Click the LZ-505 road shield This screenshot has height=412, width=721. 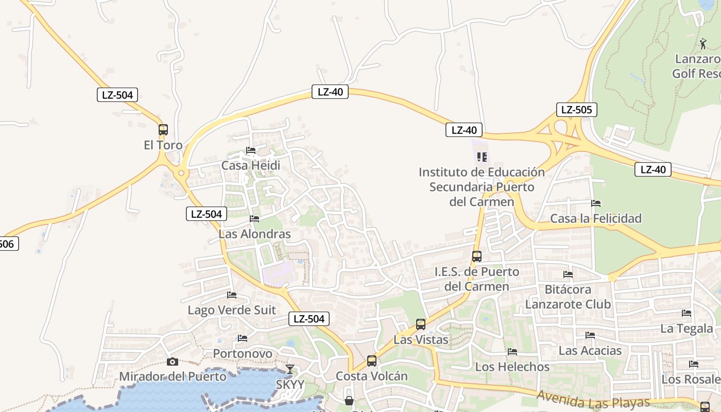(577, 109)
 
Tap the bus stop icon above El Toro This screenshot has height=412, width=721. (163, 130)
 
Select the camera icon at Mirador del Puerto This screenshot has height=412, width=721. (173, 362)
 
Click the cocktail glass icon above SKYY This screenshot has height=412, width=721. (290, 369)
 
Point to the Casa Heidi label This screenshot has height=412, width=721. (251, 165)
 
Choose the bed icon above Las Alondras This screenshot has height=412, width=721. (254, 218)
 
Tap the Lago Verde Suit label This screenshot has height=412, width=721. (232, 310)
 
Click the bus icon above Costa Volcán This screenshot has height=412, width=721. (372, 361)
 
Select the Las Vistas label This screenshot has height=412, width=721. (421, 340)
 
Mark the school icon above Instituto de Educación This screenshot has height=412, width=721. (482, 157)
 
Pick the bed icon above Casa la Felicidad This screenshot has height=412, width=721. (596, 203)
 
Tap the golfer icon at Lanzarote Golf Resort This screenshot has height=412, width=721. (703, 44)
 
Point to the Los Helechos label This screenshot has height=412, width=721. (512, 367)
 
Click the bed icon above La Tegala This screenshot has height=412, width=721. (686, 313)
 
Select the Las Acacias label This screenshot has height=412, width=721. (590, 351)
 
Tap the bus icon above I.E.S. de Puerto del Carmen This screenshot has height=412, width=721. (477, 256)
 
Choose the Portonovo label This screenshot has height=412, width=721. (243, 354)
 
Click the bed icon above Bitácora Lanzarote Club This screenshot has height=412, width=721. (568, 274)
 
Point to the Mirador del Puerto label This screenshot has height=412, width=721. (173, 376)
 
